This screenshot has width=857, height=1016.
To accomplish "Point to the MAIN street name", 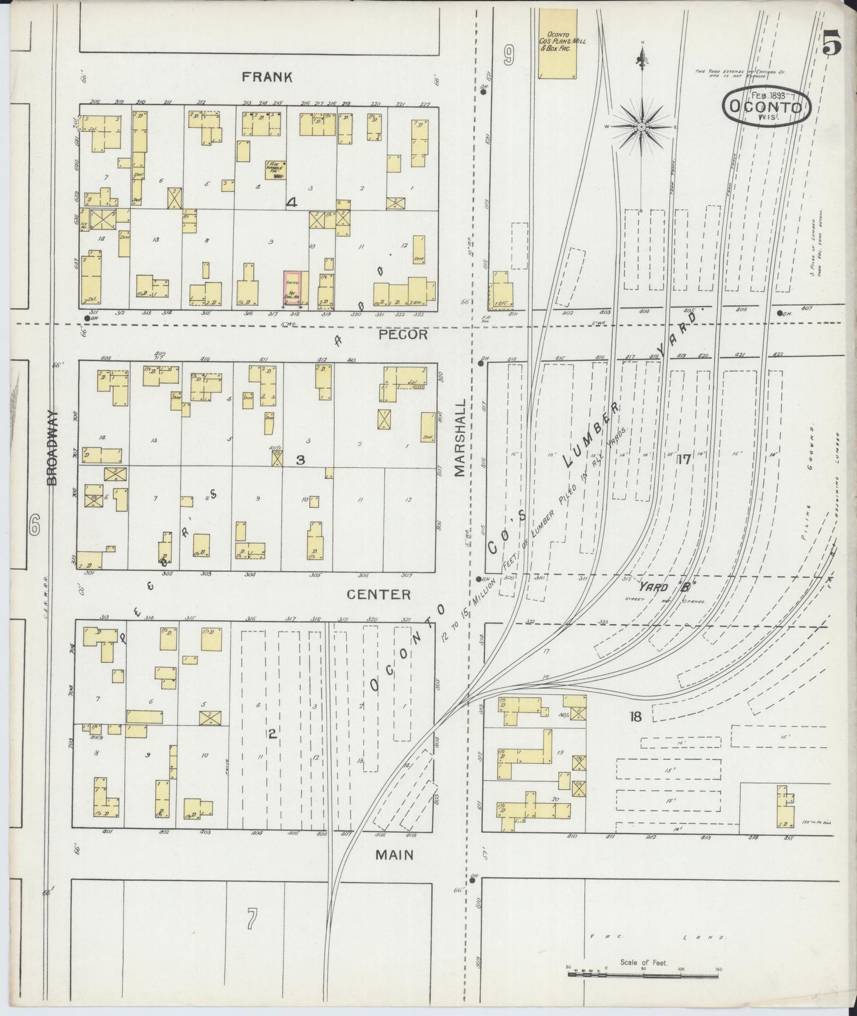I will [x=394, y=855].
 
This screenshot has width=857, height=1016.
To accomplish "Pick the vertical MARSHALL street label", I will [x=460, y=437].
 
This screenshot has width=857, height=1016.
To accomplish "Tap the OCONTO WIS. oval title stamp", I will [x=766, y=107].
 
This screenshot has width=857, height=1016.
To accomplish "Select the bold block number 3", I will [x=300, y=460].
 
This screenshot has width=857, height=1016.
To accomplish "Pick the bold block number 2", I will [x=272, y=734].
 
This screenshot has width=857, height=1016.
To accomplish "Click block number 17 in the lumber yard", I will [x=684, y=459].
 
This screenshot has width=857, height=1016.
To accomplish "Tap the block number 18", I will [x=635, y=717].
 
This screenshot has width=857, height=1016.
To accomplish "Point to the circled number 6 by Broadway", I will [x=35, y=524].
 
